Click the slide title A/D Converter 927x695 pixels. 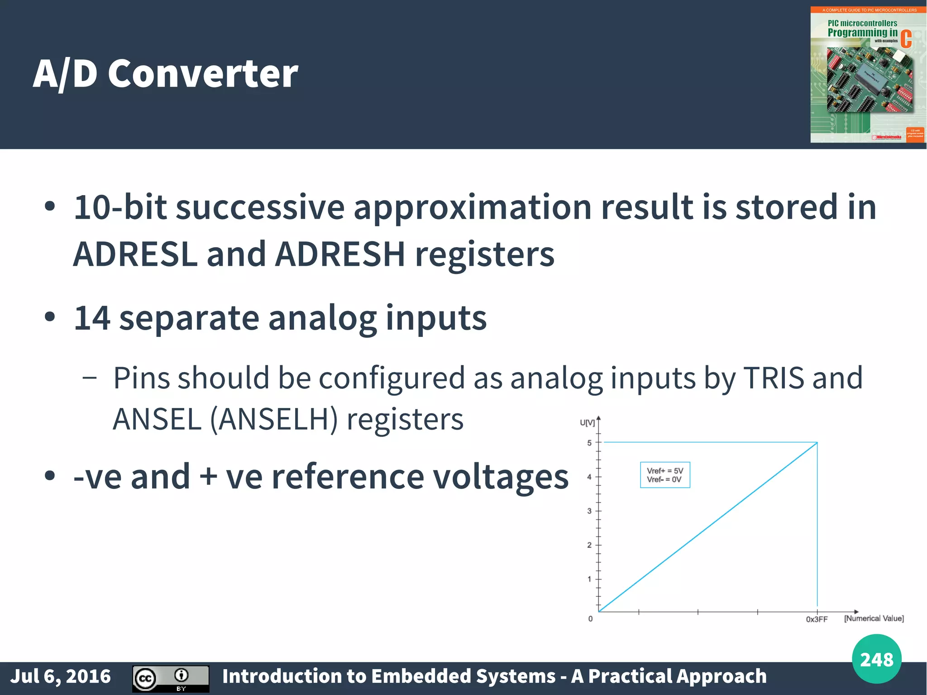pos(166,74)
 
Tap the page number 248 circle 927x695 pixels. pos(876,659)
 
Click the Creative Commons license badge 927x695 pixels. pos(171,678)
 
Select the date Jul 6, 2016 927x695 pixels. pos(61,676)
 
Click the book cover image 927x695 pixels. pos(868,75)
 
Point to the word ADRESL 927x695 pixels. pos(135,254)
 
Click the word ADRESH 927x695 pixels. pos(340,254)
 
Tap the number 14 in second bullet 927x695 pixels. pos(92,318)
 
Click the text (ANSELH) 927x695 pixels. pos(274,419)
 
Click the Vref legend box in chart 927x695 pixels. pos(664,475)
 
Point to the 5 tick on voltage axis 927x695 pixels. pos(589,443)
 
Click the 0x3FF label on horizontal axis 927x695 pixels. pos(817,619)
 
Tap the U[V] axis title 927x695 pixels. pos(587,422)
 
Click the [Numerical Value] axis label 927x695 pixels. pos(874,618)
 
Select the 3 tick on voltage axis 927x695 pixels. pos(589,511)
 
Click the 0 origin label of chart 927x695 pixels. pos(590,619)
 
